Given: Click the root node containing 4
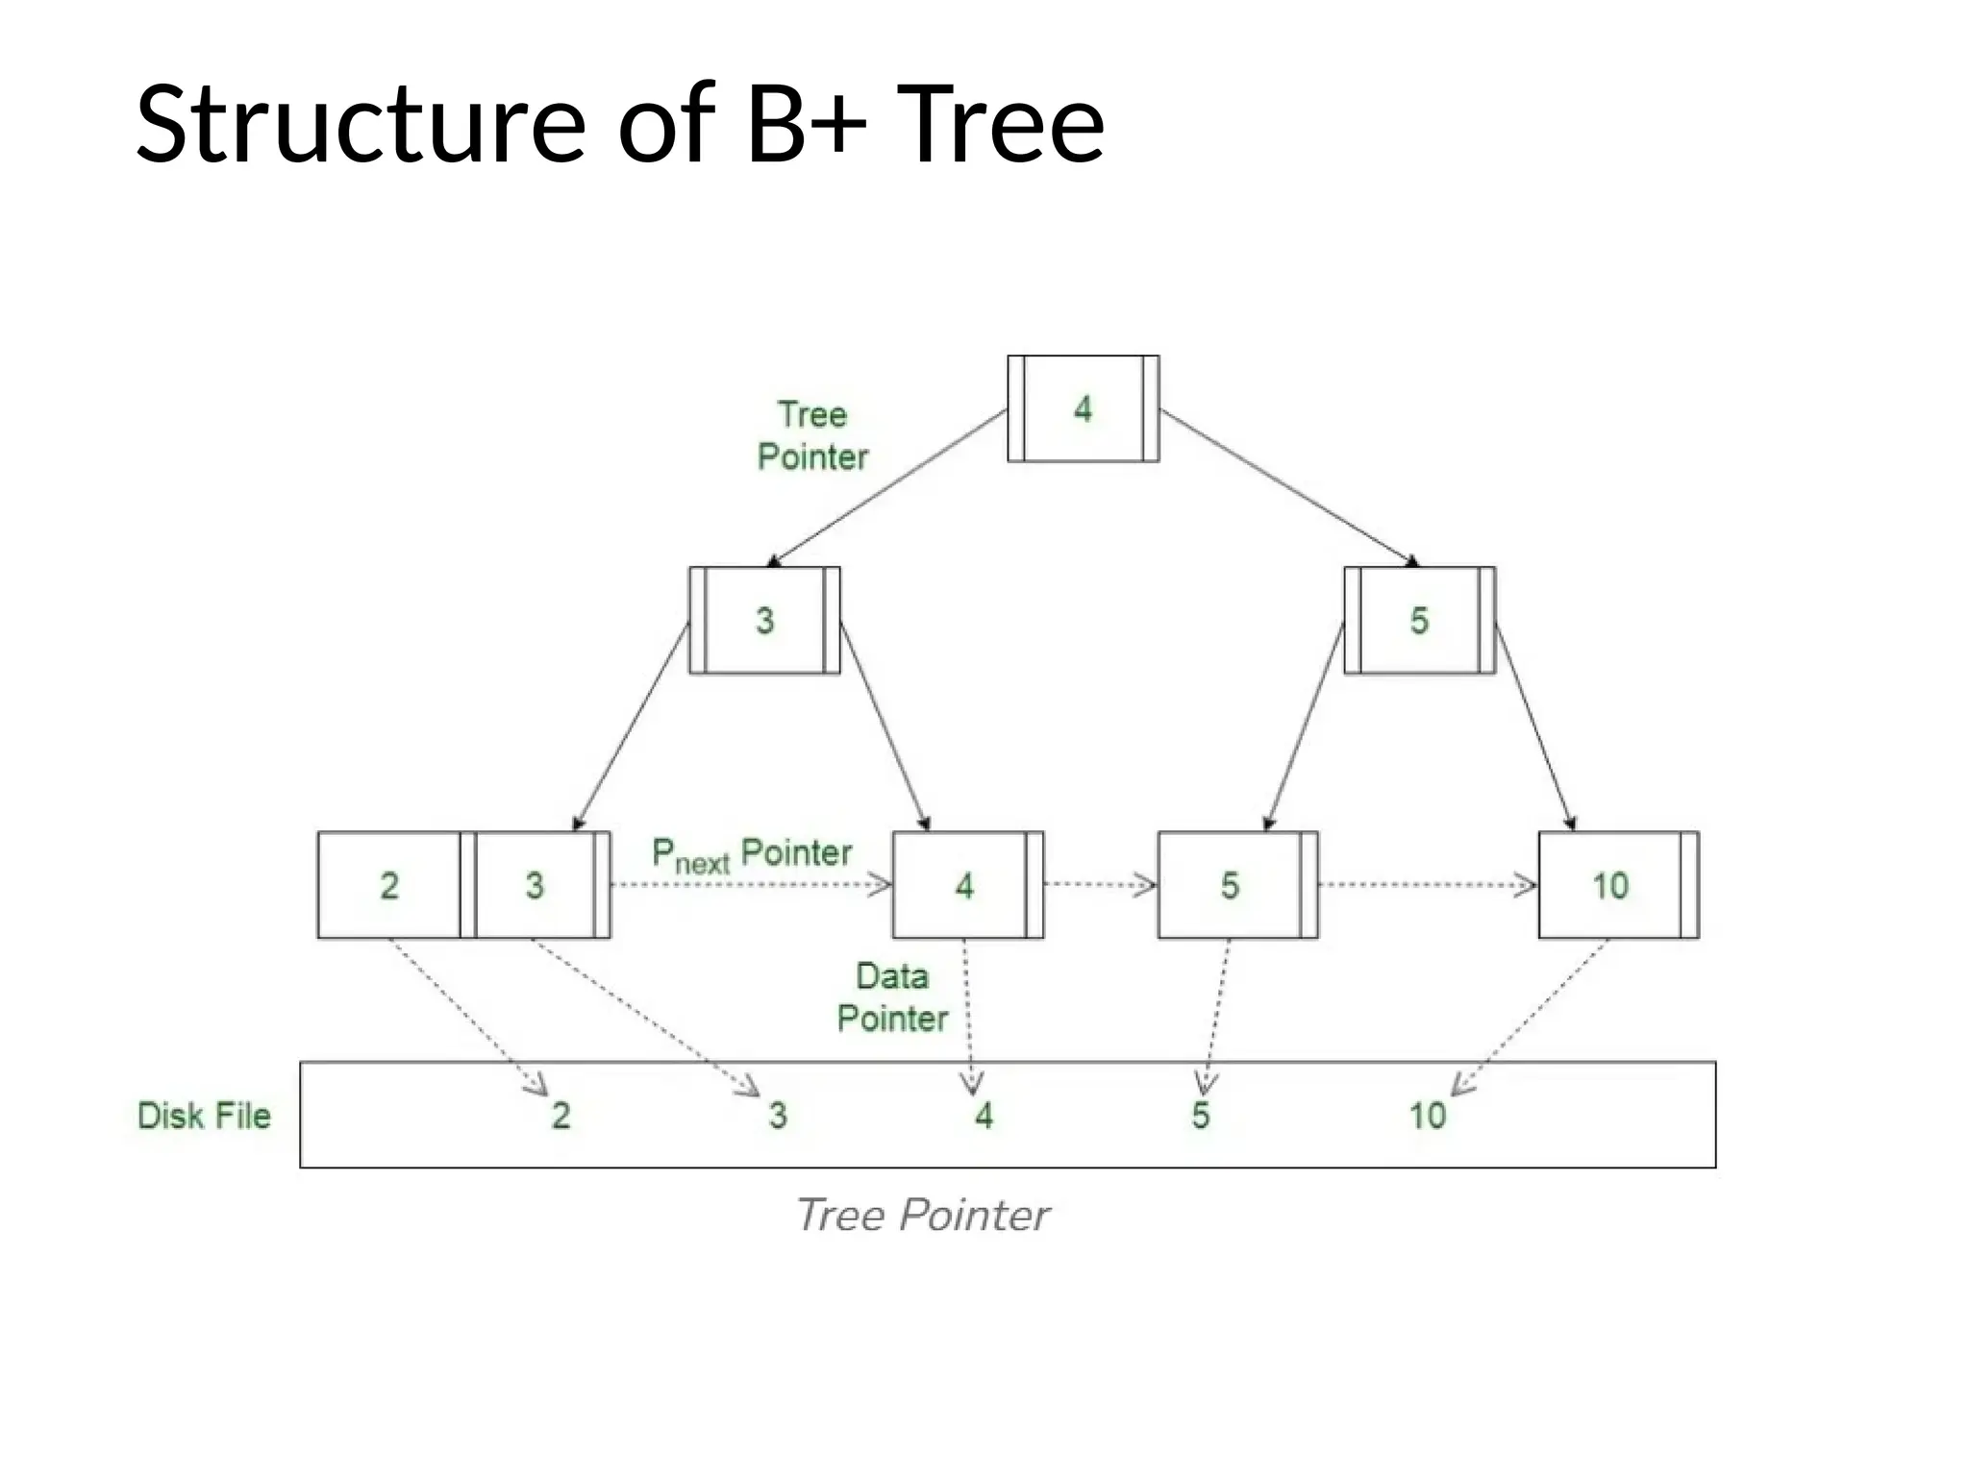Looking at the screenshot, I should coord(1083,409).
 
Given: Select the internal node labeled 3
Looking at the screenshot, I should coord(764,621).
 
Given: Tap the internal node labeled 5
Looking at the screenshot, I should coord(1419,621).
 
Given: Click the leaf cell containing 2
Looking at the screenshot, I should coord(389,885).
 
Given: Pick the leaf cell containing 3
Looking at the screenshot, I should coord(535,885).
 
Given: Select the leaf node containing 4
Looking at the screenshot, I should coord(965,885).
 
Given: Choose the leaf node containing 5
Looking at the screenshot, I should coord(1232,885).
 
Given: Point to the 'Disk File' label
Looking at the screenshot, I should coord(204,1116).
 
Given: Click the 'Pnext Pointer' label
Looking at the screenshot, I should coord(751,854).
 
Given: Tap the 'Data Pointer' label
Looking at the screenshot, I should coord(892,997).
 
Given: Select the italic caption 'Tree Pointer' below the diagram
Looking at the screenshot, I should coord(923,1216).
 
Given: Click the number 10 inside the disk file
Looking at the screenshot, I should coord(1428,1116).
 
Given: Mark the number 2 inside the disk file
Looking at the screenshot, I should coord(561,1116).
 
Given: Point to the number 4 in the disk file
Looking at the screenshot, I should coord(984,1116).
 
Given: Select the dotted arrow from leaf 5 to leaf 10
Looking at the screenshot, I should coord(1427,885).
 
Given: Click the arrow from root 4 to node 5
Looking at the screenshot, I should coord(1288,487).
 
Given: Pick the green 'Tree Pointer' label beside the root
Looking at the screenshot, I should coord(812,435).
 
